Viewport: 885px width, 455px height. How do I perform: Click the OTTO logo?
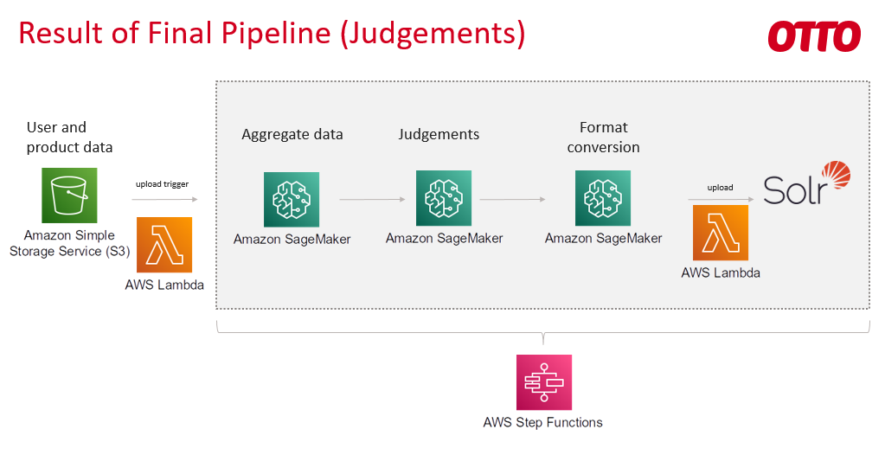click(813, 36)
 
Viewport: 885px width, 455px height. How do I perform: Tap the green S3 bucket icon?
click(69, 195)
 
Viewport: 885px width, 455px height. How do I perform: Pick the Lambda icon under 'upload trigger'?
click(164, 245)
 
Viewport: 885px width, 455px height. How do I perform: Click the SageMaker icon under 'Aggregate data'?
click(292, 199)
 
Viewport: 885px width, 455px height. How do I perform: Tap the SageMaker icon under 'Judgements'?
click(444, 198)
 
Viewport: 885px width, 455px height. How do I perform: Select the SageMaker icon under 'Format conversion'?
click(603, 198)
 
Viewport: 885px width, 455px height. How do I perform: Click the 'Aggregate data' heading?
click(292, 134)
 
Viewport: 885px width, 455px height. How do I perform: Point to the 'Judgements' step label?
click(439, 134)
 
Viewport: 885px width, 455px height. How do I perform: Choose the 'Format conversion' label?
click(603, 137)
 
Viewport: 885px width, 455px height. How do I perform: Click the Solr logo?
click(806, 184)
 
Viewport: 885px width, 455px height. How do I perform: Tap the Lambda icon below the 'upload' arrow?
click(721, 233)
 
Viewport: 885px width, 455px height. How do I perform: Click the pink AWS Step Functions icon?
click(543, 381)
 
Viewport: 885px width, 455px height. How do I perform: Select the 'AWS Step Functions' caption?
click(543, 422)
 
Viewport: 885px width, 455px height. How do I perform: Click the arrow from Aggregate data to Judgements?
click(372, 200)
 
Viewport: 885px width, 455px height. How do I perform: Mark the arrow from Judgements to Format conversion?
click(512, 200)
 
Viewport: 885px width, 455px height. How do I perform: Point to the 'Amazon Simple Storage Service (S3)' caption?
click(69, 243)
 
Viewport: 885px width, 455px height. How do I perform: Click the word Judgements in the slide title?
click(429, 33)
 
